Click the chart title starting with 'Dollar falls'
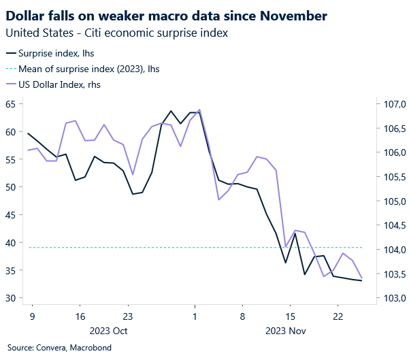[166, 15]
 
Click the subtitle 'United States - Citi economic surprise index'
[116, 32]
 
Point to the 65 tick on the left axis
[12, 104]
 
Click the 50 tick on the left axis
[12, 187]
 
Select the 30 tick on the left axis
[12, 298]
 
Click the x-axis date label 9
[31, 316]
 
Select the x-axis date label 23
[127, 316]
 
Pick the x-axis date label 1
[195, 316]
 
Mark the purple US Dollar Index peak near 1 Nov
[199, 110]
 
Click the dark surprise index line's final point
[361, 280]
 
